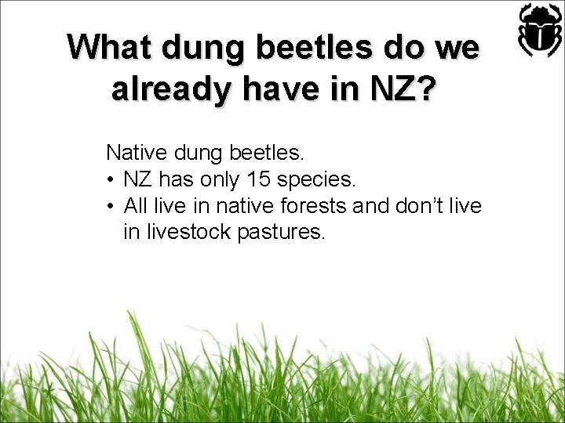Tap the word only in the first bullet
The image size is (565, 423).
[x=217, y=180]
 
